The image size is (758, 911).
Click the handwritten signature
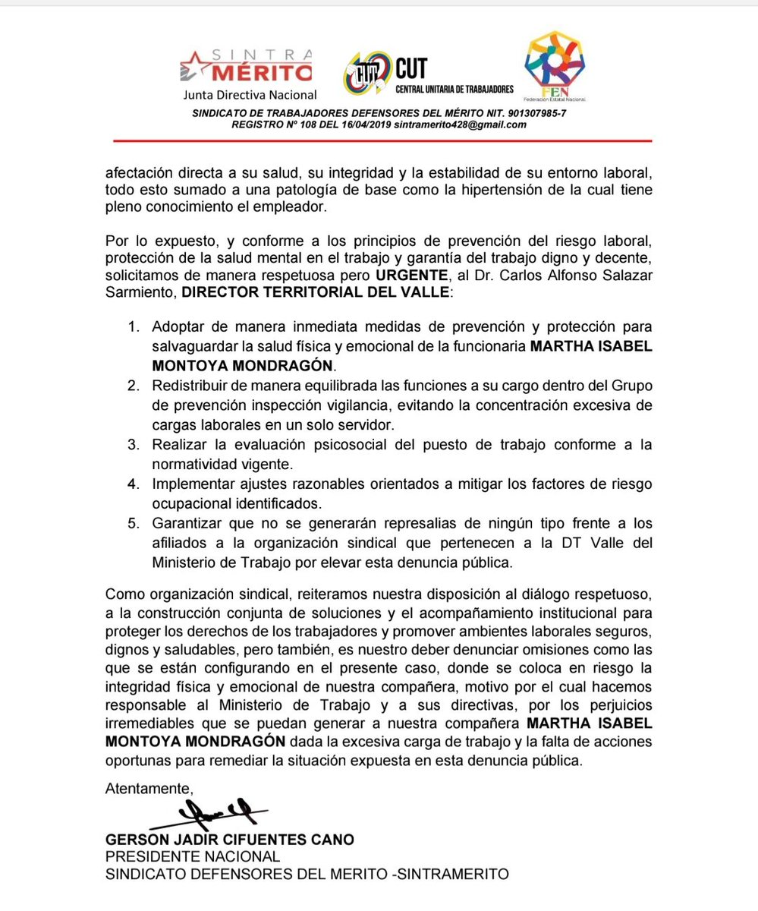pyautogui.click(x=216, y=815)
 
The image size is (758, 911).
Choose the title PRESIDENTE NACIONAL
pyautogui.click(x=193, y=856)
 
